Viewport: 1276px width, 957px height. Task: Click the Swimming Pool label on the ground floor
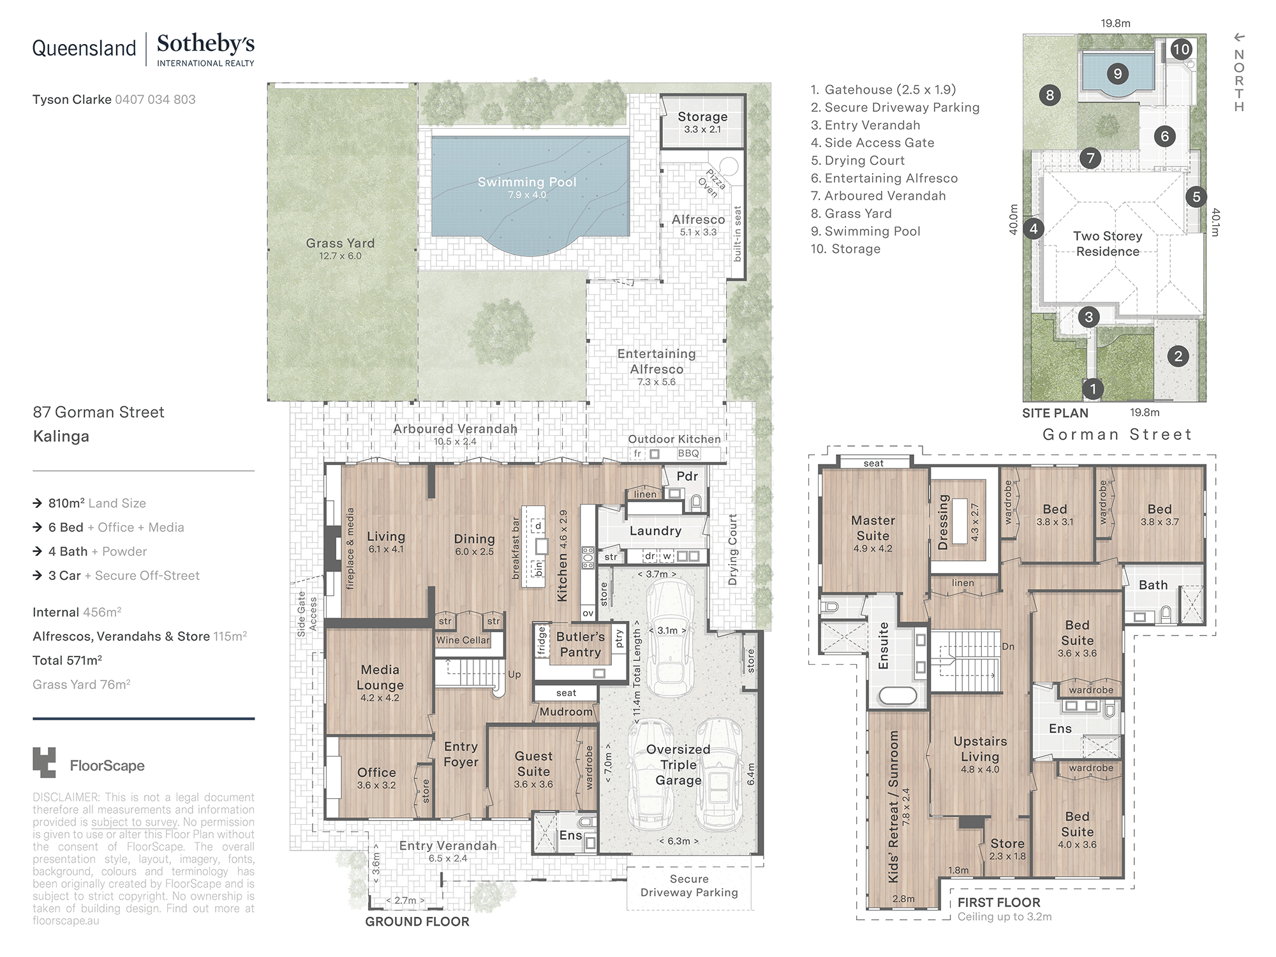[x=527, y=182]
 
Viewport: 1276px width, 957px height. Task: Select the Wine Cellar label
[x=463, y=640]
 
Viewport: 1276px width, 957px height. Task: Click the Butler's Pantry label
[x=580, y=644]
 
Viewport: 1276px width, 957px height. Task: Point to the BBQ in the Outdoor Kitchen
[x=688, y=454]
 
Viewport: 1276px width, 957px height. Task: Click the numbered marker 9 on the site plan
[x=1117, y=74]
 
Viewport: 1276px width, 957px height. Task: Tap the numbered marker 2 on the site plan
[x=1178, y=357]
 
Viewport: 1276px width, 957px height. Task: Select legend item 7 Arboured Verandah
[x=879, y=196]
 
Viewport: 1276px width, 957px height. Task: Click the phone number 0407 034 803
[x=155, y=100]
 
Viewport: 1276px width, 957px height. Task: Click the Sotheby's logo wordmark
[x=205, y=44]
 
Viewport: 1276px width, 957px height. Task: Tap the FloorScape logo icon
[x=44, y=762]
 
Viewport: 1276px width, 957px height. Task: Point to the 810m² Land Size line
[x=97, y=503]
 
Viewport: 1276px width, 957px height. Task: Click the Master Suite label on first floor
[x=873, y=528]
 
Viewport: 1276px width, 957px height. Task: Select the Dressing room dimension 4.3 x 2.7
[x=975, y=523]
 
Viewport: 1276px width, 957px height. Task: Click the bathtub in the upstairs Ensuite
[x=897, y=695]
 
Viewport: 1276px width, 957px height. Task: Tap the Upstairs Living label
[x=980, y=749]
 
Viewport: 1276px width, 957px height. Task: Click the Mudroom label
[x=566, y=711]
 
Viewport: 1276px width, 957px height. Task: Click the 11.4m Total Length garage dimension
[x=637, y=676]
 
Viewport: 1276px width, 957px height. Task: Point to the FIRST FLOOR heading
[x=998, y=902]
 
